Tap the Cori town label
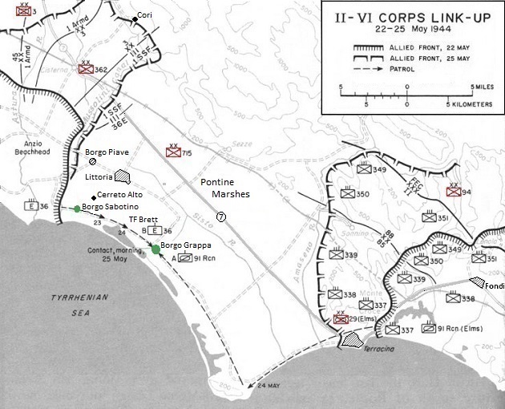tap(144, 16)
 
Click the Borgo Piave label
tap(107, 152)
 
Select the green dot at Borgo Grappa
tap(156, 249)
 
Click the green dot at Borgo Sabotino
tap(77, 209)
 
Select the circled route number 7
tap(221, 217)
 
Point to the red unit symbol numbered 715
tap(172, 151)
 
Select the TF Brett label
tap(144, 219)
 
